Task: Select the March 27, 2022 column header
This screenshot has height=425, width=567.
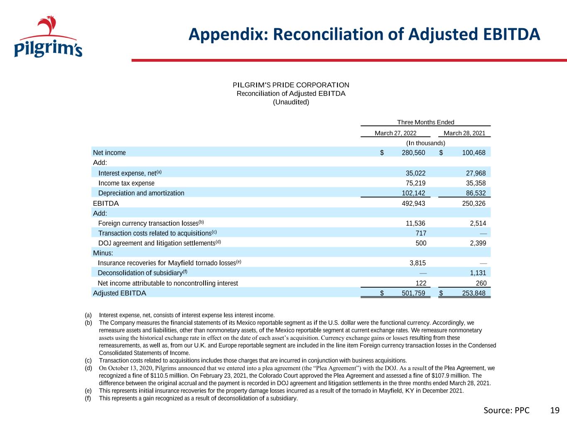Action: (395, 133)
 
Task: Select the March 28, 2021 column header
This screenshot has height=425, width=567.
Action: (464, 133)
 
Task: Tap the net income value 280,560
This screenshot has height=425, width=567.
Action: (413, 153)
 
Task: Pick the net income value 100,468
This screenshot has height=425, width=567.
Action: (474, 153)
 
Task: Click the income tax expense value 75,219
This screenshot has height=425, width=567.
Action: (415, 183)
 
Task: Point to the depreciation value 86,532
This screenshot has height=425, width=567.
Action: (476, 193)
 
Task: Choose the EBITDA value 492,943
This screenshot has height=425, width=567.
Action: (413, 204)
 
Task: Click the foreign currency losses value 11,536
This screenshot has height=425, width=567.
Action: (415, 223)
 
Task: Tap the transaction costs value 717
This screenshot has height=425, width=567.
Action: (421, 233)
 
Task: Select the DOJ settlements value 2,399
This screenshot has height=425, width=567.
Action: (478, 243)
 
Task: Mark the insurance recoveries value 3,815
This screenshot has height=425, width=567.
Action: (418, 263)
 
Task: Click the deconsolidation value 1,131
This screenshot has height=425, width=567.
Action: (478, 273)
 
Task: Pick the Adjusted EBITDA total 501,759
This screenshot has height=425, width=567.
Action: (413, 293)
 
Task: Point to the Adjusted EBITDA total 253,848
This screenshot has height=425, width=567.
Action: (474, 293)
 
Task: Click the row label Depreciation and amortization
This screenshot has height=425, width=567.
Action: (141, 193)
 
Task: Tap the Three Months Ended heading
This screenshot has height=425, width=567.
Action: (425, 122)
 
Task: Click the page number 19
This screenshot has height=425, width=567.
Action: (555, 410)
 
